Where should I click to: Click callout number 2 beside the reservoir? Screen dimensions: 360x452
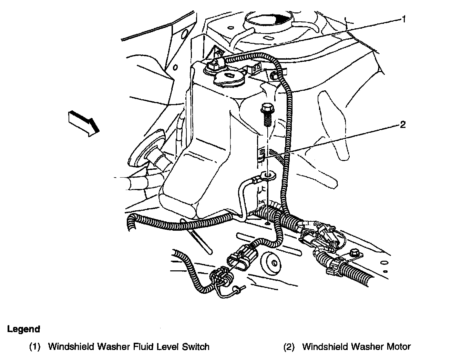pyautogui.click(x=403, y=124)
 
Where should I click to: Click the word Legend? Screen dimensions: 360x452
pyautogui.click(x=23, y=329)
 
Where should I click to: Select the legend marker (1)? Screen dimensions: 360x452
pyautogui.click(x=35, y=347)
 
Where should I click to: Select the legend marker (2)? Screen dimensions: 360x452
pyautogui.click(x=289, y=347)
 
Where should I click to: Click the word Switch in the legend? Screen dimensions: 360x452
pyautogui.click(x=195, y=347)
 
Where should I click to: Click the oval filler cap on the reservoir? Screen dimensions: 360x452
pyautogui.click(x=228, y=78)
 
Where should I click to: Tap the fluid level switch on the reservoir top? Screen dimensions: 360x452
pyautogui.click(x=213, y=64)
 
